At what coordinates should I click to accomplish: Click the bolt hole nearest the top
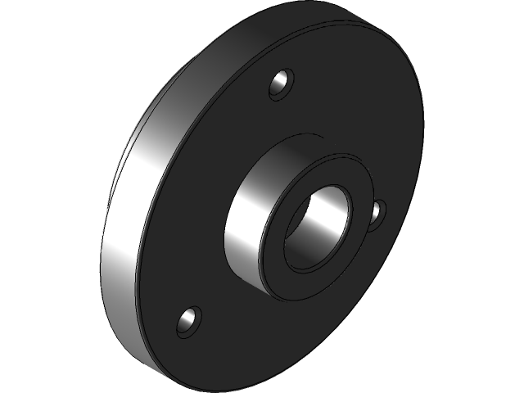coord(281,84)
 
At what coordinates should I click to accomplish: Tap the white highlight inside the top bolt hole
coord(284,83)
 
